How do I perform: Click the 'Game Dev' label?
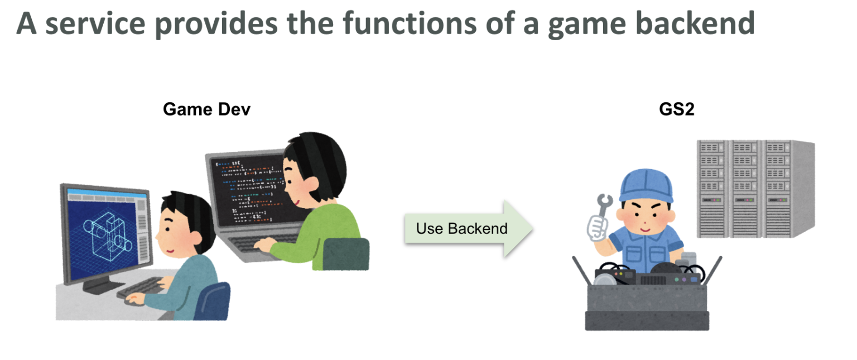click(206, 109)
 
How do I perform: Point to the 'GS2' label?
click(676, 109)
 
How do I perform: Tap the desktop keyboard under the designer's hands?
click(139, 287)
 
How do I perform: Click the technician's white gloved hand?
click(597, 227)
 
